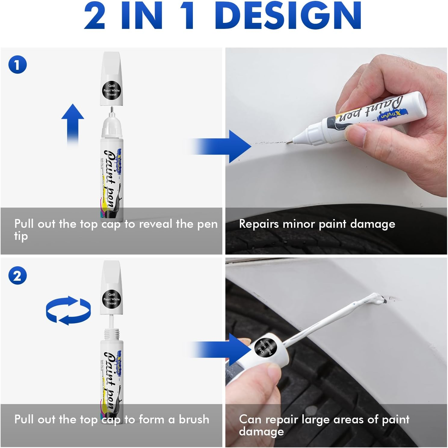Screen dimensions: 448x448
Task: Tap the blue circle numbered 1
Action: (17, 65)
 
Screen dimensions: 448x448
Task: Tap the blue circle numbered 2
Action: (17, 276)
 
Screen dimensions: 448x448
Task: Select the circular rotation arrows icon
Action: (68, 310)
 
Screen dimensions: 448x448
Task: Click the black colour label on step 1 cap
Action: (111, 90)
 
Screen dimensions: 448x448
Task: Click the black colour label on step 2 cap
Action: (111, 299)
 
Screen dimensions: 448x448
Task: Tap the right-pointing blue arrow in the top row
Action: (223, 147)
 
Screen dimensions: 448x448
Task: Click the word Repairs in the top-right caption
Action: (259, 224)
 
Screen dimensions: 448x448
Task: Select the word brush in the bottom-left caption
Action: (194, 419)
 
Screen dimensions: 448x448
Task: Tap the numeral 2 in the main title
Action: (95, 16)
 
